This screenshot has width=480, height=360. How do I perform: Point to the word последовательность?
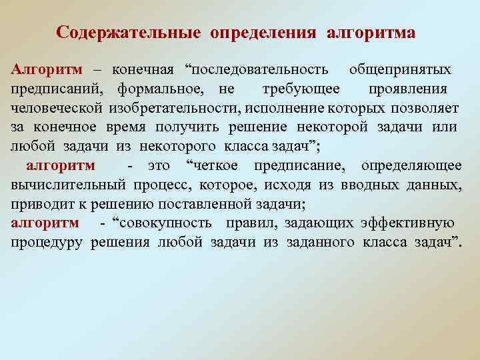click(259, 70)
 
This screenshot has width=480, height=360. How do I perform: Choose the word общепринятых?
click(399, 70)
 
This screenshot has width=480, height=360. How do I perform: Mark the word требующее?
click(301, 89)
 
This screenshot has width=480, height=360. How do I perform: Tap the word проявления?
click(407, 89)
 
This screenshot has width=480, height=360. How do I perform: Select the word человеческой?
click(56, 108)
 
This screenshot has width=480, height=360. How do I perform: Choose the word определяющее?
click(411, 165)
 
